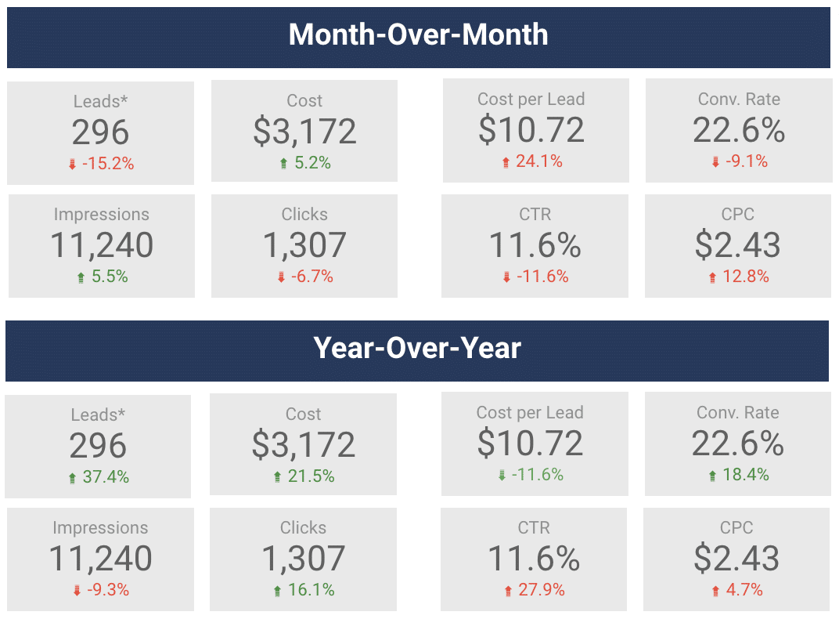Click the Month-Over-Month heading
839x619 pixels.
[418, 35]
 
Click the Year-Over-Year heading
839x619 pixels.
[417, 348]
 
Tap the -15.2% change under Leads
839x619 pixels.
[110, 164]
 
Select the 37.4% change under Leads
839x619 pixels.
[106, 477]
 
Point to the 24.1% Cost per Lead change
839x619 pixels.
[539, 161]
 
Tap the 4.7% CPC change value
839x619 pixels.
[745, 590]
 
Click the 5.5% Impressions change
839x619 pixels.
[110, 277]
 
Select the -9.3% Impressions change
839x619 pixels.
[107, 590]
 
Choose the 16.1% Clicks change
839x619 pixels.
[311, 590]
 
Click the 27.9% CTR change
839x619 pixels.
[542, 590]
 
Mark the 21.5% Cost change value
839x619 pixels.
[311, 477]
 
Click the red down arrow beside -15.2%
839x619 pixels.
[73, 165]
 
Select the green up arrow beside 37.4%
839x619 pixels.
[73, 478]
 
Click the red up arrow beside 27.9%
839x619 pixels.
[507, 591]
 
